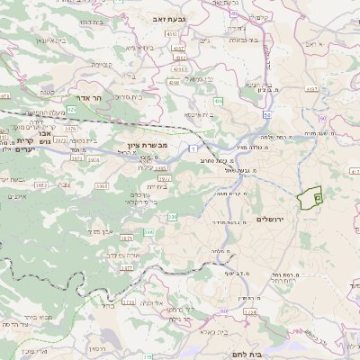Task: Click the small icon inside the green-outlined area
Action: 317,195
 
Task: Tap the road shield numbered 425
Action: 71,109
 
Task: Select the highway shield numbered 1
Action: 193,145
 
